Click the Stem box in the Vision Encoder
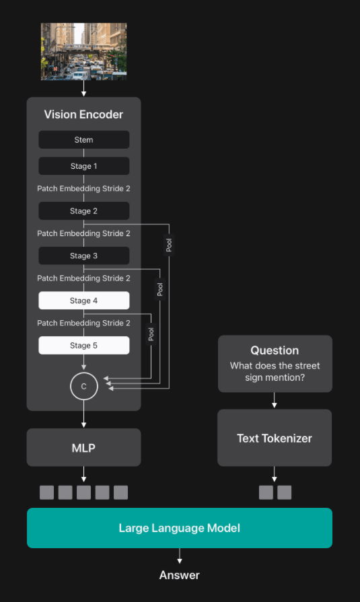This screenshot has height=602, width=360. [x=83, y=140]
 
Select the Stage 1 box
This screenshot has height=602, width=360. [x=83, y=166]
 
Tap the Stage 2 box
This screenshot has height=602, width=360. [x=83, y=211]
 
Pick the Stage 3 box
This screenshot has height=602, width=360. [x=83, y=256]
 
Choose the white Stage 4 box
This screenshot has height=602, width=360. [x=83, y=301]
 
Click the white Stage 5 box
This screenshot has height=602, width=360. [x=83, y=346]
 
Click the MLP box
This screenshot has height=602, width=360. [x=83, y=448]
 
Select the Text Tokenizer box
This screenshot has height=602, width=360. [x=275, y=438]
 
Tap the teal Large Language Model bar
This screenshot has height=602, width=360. [x=180, y=528]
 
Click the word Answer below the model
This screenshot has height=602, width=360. [x=180, y=575]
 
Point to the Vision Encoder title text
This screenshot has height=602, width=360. [x=83, y=114]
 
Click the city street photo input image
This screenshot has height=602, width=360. [x=83, y=51]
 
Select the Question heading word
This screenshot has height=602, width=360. [x=275, y=350]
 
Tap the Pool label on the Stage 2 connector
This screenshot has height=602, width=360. [x=169, y=245]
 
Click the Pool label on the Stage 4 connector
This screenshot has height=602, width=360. [x=151, y=334]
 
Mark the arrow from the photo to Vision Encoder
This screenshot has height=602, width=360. [x=83, y=88]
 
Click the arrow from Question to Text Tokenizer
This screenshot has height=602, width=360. [x=275, y=400]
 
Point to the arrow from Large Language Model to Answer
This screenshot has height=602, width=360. [x=180, y=556]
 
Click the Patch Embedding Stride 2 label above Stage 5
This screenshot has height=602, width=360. [x=83, y=323]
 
